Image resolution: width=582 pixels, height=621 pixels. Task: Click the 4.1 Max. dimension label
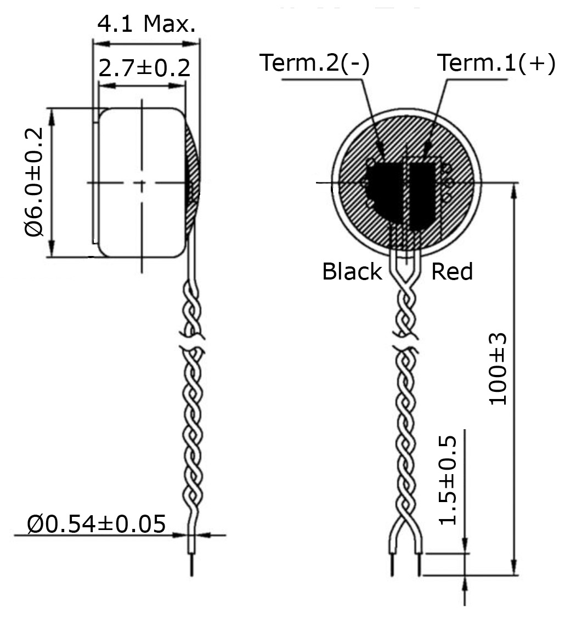pos(146,24)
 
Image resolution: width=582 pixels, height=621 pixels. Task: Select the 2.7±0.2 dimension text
pos(144,68)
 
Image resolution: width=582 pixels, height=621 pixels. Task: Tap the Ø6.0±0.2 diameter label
pos(33,182)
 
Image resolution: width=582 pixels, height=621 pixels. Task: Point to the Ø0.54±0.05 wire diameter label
pos(97,524)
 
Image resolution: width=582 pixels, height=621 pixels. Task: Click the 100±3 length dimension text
pos(498,369)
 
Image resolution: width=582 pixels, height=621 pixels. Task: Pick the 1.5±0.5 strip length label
pos(448,480)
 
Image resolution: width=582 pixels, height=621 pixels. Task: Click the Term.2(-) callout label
pos(314,62)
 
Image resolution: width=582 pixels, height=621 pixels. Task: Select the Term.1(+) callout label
pos(496,62)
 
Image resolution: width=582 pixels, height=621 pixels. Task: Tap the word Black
pos(352,272)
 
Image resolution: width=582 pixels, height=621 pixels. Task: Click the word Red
pos(452,272)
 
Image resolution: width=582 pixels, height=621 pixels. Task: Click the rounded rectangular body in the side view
pos(142,183)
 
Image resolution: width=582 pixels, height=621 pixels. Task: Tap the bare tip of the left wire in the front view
pos(392,565)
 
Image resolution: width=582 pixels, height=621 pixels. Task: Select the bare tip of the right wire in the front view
pos(419,565)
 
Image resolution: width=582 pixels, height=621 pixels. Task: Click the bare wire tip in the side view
pos(192,565)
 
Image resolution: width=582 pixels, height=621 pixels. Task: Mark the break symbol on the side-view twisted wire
pos(193,343)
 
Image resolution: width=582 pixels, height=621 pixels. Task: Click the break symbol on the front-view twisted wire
pos(405,343)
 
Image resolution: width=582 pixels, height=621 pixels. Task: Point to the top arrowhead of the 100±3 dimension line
pos(514,191)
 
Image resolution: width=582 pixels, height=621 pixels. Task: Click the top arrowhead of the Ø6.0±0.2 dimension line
pos(52,116)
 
